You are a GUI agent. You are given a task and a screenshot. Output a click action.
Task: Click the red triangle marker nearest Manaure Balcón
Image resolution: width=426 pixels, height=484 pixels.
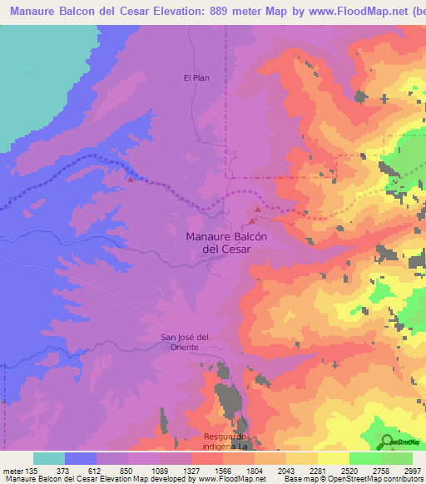pyautogui.click(x=252, y=221)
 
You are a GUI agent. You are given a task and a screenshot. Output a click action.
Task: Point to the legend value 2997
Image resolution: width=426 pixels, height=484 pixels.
pyautogui.click(x=414, y=470)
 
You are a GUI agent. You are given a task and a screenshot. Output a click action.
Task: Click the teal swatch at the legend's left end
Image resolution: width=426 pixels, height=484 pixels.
pyautogui.click(x=49, y=458)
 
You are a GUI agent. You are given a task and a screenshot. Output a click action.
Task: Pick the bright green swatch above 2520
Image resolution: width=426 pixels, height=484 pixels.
pyautogui.click(x=364, y=458)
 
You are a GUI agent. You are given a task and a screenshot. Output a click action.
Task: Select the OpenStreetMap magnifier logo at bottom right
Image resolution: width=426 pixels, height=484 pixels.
pyautogui.click(x=387, y=442)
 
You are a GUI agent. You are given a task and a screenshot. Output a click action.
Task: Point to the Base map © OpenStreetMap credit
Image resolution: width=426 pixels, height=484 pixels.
pyautogui.click(x=324, y=479)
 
